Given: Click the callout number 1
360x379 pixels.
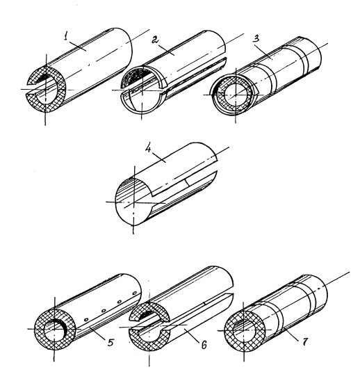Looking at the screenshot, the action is tap(65, 37).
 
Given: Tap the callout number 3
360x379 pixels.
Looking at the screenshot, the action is tap(256, 38).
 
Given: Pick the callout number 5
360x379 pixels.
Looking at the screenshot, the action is tap(111, 342).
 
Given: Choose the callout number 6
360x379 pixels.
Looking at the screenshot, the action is tap(204, 345).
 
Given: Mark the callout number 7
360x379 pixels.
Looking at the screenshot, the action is tap(305, 341).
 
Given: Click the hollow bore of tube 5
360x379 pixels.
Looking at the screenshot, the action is tap(55, 330).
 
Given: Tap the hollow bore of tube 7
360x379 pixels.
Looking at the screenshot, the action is tap(244, 330).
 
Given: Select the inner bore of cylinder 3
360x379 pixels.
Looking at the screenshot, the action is tap(236, 95).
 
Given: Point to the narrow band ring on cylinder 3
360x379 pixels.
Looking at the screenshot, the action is tap(305, 60).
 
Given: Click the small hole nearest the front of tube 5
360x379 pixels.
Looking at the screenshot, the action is tap(86, 320).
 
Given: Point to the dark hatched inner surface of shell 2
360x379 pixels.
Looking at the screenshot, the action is tap(133, 75).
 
